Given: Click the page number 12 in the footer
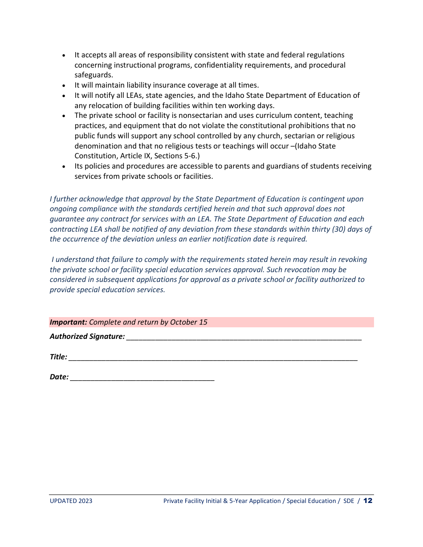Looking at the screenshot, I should click(368, 501).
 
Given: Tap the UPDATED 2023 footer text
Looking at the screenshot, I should click(71, 501).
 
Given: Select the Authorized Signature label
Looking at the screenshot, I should click(87, 337).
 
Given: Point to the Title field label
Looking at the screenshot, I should click(58, 357).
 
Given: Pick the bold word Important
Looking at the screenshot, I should click(68, 322).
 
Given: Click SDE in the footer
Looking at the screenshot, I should click(349, 501).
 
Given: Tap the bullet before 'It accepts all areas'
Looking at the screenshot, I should click(64, 56).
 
